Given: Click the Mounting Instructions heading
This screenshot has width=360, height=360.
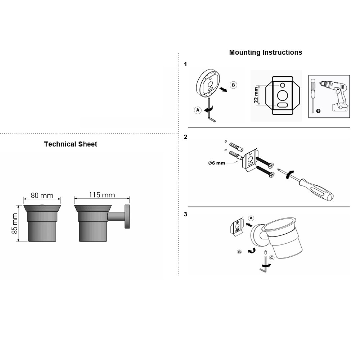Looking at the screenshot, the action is (265, 52).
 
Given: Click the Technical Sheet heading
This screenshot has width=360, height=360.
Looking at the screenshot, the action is (71, 144).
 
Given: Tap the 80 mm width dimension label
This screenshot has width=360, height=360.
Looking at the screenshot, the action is (42, 195).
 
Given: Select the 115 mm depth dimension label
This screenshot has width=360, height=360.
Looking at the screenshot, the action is (102, 195).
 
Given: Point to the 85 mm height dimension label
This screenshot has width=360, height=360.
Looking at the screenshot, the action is (15, 224).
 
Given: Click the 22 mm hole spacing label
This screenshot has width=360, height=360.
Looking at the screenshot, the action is (256, 95).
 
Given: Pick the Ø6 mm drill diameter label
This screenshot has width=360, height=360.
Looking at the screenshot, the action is (216, 163).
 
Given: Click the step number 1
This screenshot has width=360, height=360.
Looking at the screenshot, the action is (185, 64).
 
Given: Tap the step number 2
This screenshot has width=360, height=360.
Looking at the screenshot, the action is (185, 137).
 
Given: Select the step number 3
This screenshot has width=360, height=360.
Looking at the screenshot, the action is (185, 215).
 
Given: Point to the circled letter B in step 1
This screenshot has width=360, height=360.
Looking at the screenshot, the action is (234, 85).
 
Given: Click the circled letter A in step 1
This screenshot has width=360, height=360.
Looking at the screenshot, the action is (198, 110).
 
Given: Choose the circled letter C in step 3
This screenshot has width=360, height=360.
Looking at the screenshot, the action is (271, 258).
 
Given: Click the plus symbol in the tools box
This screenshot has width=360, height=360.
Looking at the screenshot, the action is (318, 111).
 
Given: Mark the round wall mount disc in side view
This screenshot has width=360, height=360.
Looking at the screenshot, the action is (127, 216).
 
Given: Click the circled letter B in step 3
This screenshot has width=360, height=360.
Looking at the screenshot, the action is (239, 252).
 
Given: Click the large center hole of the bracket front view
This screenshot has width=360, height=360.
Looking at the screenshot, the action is (282, 95).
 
